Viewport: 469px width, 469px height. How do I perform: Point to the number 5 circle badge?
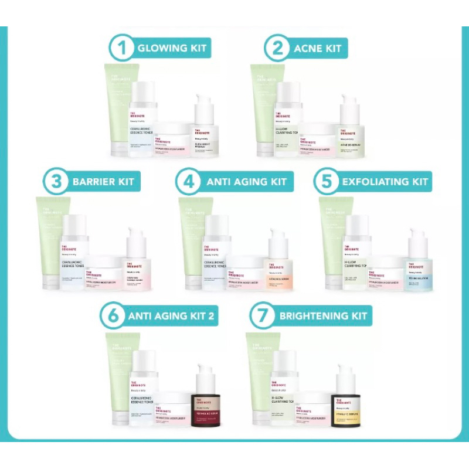point(327,181)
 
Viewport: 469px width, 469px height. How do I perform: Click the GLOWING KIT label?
point(172,48)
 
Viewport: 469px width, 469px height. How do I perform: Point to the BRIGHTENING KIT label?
point(324,316)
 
